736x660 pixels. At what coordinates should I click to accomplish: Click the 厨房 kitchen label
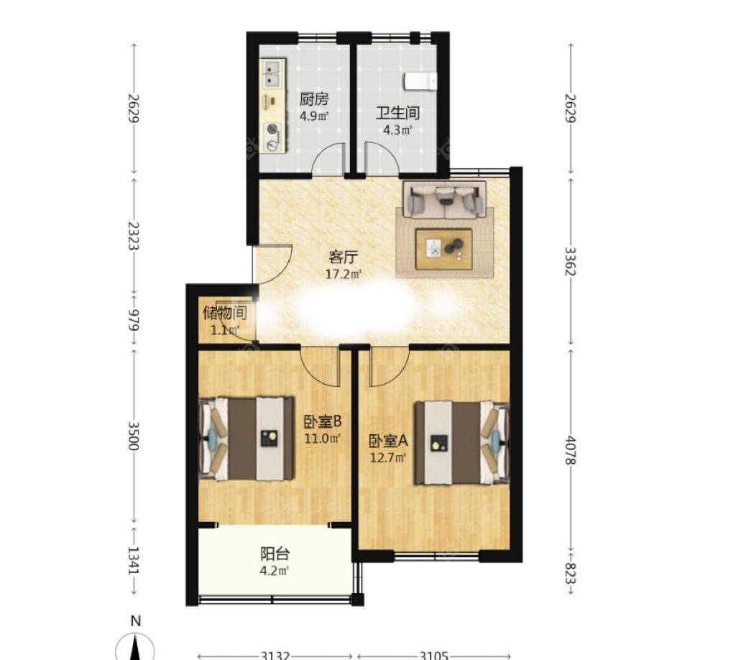click(314, 99)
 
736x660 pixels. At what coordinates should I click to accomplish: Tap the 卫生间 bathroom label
click(397, 113)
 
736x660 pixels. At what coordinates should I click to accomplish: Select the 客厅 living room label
click(343, 257)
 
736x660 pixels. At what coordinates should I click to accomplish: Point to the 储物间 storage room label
click(225, 312)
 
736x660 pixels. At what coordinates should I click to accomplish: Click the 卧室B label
click(323, 422)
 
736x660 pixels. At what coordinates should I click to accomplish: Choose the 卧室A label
click(388, 441)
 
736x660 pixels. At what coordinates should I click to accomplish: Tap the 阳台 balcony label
click(275, 554)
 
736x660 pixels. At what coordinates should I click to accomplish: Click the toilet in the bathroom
click(420, 81)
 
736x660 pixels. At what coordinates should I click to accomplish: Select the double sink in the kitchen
click(272, 74)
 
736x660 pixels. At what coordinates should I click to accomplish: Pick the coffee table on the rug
click(443, 249)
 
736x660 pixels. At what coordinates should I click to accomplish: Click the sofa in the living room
click(444, 199)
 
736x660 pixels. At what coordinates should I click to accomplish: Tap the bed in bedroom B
click(247, 439)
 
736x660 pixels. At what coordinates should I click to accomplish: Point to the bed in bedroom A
click(461, 443)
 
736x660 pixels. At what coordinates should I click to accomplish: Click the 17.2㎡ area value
click(344, 274)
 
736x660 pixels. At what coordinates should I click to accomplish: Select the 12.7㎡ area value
click(387, 457)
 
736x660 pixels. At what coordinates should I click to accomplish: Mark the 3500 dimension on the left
click(134, 436)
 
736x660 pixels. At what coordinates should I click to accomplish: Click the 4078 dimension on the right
click(571, 450)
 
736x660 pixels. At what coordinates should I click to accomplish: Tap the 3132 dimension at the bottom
click(275, 655)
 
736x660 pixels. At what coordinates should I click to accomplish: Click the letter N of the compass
click(136, 621)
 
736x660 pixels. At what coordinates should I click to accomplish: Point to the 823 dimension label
click(571, 572)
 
